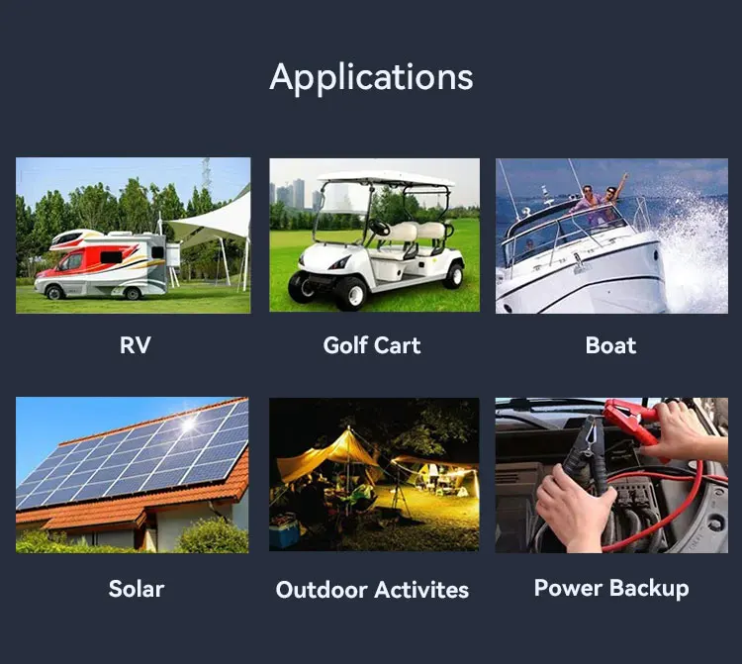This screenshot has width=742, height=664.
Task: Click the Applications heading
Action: [x=371, y=76]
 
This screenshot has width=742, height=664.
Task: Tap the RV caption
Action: [x=135, y=345]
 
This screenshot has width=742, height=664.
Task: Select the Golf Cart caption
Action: [x=371, y=345]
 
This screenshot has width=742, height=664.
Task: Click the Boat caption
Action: [x=610, y=345]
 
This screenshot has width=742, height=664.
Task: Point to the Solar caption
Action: [x=136, y=588]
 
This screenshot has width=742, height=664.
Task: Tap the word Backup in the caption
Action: [x=649, y=588]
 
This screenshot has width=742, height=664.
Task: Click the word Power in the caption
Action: [x=569, y=588]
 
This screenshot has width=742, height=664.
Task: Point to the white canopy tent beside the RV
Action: [x=213, y=224]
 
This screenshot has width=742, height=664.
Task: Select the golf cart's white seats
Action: [x=417, y=237]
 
